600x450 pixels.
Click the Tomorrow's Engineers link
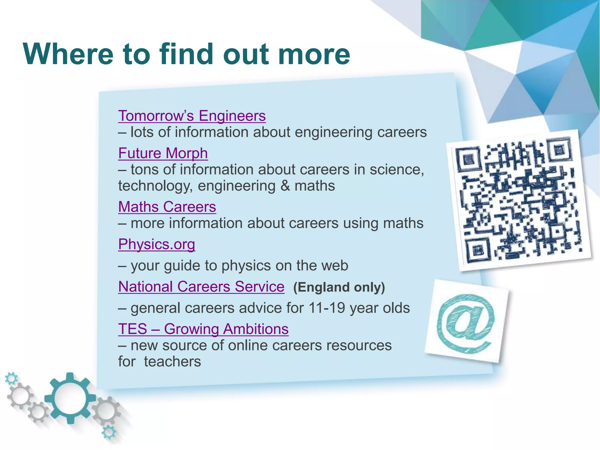192,116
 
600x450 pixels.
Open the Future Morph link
163,153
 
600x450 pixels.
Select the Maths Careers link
167,207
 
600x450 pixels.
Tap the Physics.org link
156,244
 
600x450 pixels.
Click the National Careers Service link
201,287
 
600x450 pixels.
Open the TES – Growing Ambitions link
203,329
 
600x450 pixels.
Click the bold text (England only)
339,287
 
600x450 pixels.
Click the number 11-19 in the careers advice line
327,308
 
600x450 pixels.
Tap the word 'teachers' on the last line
172,362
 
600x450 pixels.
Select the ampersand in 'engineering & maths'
285,186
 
